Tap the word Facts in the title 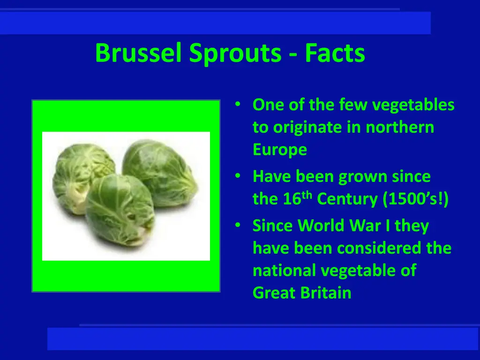pos(335,53)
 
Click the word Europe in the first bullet pos(280,150)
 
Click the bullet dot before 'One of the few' pos(239,105)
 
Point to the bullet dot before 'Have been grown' pos(239,177)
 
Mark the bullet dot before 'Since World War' pos(239,226)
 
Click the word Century pos(347,199)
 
